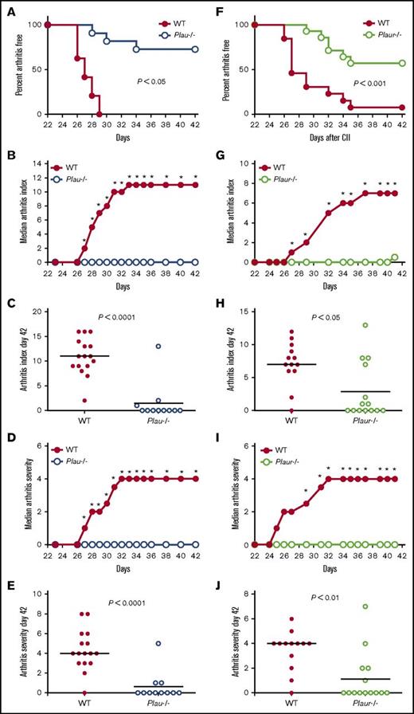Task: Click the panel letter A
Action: click(6, 8)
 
